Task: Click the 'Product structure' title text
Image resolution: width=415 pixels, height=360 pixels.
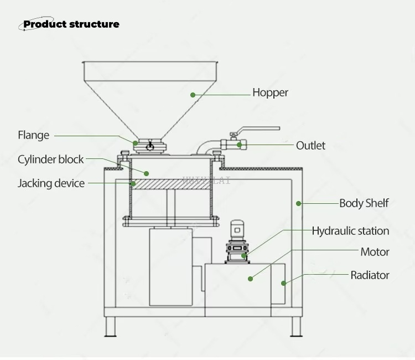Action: (71, 24)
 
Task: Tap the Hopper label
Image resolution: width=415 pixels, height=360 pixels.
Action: (270, 92)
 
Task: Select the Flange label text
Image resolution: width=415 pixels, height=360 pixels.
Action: (33, 135)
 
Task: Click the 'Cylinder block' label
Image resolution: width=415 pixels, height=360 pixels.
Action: (50, 160)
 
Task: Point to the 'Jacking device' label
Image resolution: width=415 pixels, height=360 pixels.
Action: (51, 183)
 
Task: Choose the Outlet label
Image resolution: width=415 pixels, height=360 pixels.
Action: (310, 146)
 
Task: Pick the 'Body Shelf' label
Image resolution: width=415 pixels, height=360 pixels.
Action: (364, 203)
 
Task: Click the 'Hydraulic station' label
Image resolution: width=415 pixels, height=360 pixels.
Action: (350, 230)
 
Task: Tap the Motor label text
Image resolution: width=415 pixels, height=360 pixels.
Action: (375, 252)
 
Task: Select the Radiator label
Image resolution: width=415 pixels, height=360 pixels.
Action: (370, 275)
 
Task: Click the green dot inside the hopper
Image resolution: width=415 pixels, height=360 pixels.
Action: (193, 95)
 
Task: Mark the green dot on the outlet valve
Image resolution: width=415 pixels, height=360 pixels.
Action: (240, 145)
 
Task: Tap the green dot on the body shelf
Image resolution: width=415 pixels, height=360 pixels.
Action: (298, 203)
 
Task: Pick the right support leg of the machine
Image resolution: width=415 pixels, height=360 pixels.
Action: (297, 326)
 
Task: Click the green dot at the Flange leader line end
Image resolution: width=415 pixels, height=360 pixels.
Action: (136, 143)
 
